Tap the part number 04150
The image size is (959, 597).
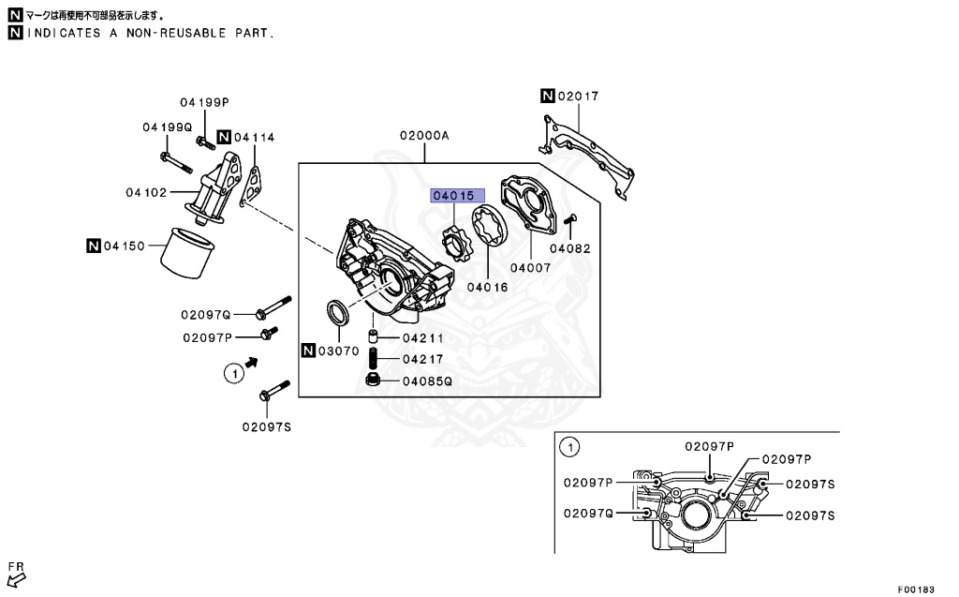pos(125,246)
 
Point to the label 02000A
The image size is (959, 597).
pos(424,135)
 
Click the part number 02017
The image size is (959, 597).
pos(579,97)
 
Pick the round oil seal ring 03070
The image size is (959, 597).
pos(338,314)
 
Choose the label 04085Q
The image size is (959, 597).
pos(427,381)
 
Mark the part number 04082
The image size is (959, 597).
pos(570,249)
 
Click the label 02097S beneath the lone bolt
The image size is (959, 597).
pos(267,426)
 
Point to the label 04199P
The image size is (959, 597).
pos(205,102)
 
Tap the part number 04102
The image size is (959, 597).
pos(146,193)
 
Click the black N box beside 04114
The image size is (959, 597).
pos(224,137)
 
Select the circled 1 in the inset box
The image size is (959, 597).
pos(568,448)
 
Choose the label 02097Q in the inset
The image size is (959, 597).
pos(588,513)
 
